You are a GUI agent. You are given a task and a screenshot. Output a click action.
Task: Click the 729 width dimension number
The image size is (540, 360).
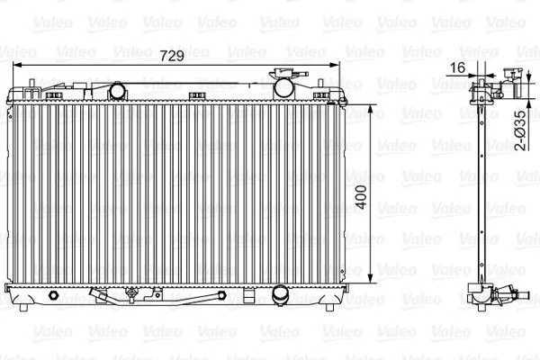pyautogui.click(x=172, y=56)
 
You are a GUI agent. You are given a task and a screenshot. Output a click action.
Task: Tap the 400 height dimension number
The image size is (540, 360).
pyautogui.click(x=361, y=197)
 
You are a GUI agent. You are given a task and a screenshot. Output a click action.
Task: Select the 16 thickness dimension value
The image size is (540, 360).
pyautogui.click(x=457, y=67)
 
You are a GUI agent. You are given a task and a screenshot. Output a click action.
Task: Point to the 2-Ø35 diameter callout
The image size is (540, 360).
pyautogui.click(x=521, y=130)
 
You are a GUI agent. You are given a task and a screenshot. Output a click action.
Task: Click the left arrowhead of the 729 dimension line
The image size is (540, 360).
pyautogui.click(x=16, y=65)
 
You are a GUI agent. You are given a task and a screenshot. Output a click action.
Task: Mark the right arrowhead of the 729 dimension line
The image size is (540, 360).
pyautogui.click(x=335, y=65)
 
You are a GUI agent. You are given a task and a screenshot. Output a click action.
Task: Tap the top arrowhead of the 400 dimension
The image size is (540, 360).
pyautogui.click(x=370, y=109)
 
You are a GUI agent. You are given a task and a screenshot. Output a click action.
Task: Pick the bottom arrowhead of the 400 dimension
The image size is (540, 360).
pyautogui.click(x=370, y=279)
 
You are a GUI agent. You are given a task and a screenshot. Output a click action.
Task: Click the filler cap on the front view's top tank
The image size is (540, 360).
pyautogui.click(x=289, y=74)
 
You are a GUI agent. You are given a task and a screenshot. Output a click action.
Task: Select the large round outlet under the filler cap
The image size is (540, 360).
pyautogui.click(x=283, y=88)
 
